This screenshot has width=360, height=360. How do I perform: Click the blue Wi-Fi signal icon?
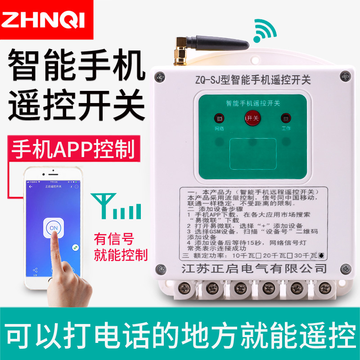click(x=265, y=31)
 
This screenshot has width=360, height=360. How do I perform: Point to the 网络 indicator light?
click(x=219, y=119)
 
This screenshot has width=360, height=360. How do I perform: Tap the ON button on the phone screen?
click(x=54, y=228)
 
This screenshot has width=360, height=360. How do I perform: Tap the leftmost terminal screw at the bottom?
click(x=184, y=287)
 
